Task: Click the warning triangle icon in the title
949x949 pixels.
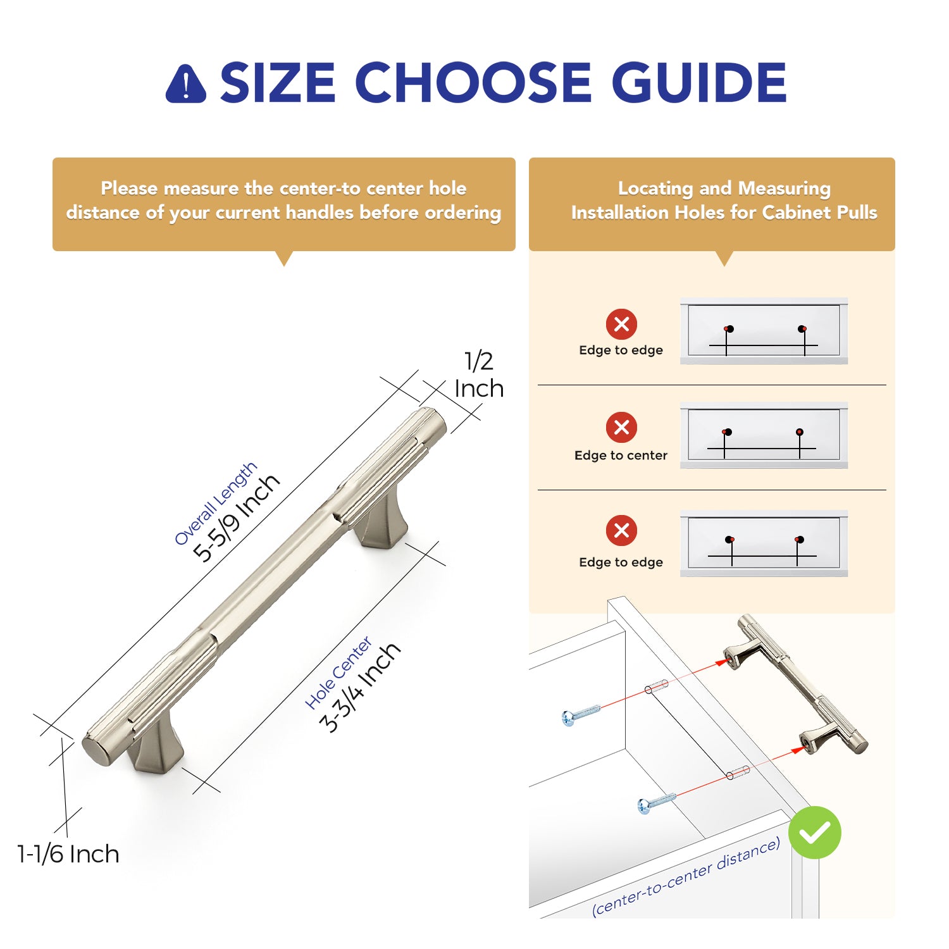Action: coord(185,84)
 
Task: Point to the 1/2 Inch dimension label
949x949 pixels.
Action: coord(479,375)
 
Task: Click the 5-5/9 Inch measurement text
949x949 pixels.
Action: coord(236,517)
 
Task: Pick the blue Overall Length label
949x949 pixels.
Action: coord(215,503)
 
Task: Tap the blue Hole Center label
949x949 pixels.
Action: coord(338,673)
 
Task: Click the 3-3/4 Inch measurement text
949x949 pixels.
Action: coord(360,687)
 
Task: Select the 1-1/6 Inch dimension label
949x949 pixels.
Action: coord(68,854)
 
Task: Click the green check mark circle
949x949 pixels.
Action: coord(815,833)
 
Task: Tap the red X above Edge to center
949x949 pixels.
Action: coord(621,427)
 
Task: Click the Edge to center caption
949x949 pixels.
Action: coord(621,456)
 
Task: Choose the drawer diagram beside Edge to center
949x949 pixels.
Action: coord(764,435)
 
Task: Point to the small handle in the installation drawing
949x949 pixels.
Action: coord(796,683)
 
